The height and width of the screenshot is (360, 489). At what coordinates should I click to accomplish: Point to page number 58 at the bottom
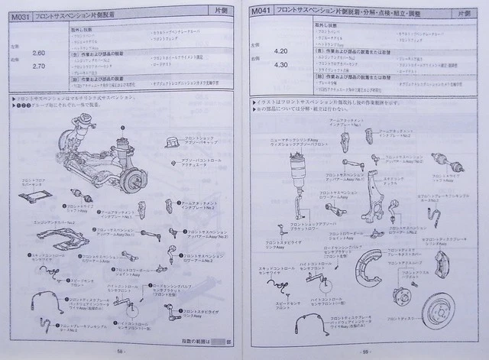tap(121, 350)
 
